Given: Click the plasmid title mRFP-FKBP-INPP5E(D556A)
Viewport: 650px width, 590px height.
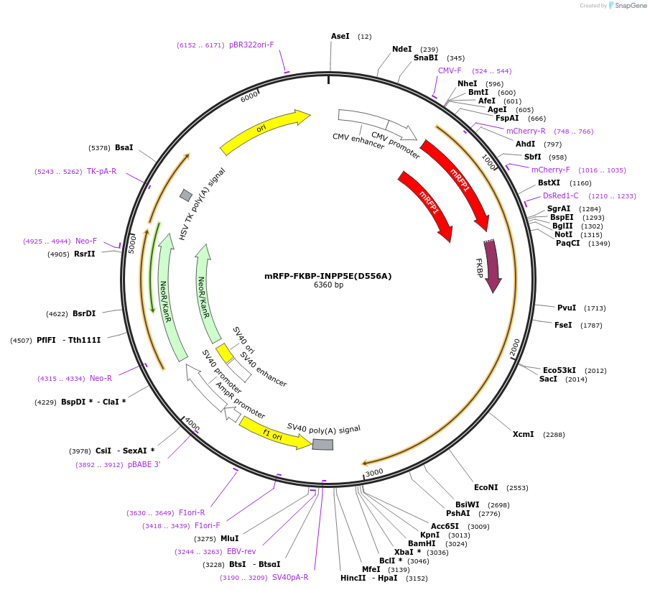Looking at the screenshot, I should pos(328,276).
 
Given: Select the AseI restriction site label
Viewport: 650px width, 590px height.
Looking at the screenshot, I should pos(340,36).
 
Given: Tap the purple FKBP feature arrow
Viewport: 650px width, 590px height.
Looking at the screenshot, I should pos(492,266).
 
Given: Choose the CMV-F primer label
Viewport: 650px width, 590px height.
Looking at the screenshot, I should pos(450,70).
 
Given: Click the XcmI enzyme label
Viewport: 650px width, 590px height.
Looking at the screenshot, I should pos(523,434).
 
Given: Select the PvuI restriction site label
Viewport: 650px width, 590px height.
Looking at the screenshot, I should pos(567,308).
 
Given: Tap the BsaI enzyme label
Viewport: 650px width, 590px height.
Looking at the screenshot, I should pos(124,147).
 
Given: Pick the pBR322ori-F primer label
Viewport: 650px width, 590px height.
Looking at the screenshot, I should pos(251,45).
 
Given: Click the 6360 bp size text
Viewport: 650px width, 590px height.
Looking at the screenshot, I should pos(328,285).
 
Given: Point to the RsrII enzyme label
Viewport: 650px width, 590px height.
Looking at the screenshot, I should pos(84,254).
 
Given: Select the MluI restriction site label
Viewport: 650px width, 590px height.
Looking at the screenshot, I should pos(229,538).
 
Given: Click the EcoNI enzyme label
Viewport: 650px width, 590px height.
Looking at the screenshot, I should pos(486,487).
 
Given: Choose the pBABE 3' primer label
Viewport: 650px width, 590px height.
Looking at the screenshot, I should pos(144,464).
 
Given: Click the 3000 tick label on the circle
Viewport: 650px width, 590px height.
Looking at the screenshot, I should pos(374,472).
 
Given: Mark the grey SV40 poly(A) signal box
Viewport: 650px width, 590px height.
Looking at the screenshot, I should pos(322,445).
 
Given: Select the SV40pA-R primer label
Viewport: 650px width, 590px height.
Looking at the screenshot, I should pos(289,577).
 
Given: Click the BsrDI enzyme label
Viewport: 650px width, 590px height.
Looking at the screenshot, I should pos(84,313).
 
